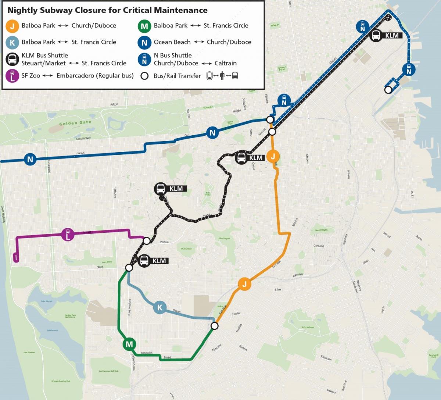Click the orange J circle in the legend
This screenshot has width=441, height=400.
(x=12, y=26)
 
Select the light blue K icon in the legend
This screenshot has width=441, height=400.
(x=12, y=43)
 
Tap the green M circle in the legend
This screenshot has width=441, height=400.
(x=144, y=26)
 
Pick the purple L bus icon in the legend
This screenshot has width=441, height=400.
(x=12, y=75)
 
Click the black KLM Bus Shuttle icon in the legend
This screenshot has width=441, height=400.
(x=12, y=59)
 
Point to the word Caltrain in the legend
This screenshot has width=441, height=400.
(x=225, y=63)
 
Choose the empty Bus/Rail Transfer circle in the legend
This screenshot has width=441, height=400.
(x=144, y=76)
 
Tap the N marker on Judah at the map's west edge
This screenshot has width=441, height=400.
(x=30, y=159)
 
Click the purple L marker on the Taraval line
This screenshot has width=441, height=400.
(x=68, y=235)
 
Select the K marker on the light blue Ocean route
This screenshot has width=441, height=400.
(x=159, y=307)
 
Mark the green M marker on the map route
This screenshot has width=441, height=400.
(x=129, y=344)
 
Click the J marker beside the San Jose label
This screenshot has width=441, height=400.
(x=244, y=284)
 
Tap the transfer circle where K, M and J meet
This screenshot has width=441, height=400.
(x=215, y=326)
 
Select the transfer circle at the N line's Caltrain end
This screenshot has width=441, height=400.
(x=388, y=90)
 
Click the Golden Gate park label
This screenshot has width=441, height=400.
(x=75, y=123)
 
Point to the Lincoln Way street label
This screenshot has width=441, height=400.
(x=83, y=139)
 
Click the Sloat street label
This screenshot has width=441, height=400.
(x=100, y=267)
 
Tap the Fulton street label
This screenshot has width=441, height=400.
(x=114, y=104)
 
